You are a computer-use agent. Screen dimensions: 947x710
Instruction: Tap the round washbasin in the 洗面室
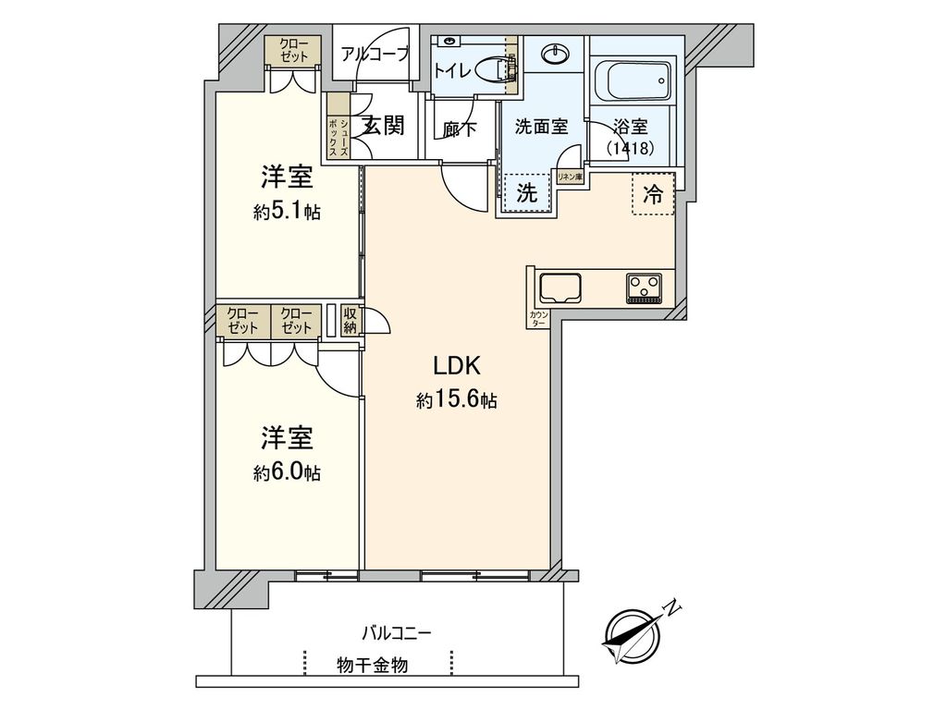[x=555, y=55]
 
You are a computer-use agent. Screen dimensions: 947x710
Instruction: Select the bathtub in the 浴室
[x=633, y=80]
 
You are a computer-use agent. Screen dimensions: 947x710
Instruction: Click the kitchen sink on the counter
[x=560, y=288]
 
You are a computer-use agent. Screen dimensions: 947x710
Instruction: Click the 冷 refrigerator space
[x=653, y=194]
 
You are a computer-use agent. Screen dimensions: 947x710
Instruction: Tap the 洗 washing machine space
[x=526, y=193]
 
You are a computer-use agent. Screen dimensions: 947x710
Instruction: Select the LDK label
[x=457, y=366]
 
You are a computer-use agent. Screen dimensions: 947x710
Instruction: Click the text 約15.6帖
[x=457, y=399]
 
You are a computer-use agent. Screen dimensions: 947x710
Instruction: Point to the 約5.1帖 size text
[x=287, y=212]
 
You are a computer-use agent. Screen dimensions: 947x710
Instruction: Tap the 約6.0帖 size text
[x=287, y=472]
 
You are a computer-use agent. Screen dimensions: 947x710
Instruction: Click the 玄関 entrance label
[x=384, y=126]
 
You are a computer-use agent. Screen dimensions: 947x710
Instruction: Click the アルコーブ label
[x=375, y=55]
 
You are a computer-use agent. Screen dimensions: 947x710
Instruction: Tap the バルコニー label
[x=396, y=633]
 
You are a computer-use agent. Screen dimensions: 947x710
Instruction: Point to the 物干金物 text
[x=373, y=666]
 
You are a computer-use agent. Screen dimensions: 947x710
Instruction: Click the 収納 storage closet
[x=351, y=321]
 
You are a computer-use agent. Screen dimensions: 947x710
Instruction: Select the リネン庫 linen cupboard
[x=570, y=177]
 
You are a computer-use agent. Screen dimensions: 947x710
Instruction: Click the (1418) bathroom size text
[x=631, y=148]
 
